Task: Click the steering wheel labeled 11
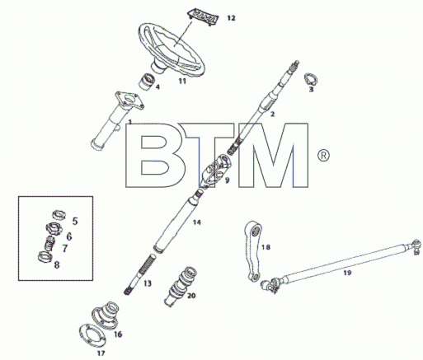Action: point(172,50)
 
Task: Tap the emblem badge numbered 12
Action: point(203,17)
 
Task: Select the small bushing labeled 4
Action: point(146,82)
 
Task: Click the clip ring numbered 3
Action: point(311,79)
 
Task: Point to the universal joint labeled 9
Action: point(215,171)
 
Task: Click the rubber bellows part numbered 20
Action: point(181,286)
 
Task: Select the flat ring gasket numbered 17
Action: point(92,335)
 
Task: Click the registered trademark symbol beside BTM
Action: point(323,156)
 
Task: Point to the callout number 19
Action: point(347,273)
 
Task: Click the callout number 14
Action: point(197,222)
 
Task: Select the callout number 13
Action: point(148,283)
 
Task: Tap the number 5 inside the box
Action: point(75,221)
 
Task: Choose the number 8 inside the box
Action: point(57,265)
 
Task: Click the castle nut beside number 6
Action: point(54,229)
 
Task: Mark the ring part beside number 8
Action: point(45,257)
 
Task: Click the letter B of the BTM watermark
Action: point(154,155)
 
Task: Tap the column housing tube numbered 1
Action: point(117,121)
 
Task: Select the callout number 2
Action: point(272,114)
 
